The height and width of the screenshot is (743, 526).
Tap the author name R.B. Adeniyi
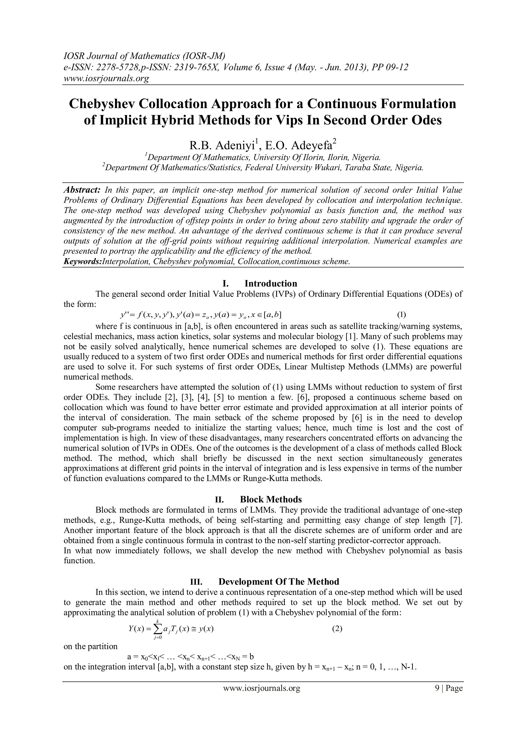[x=223, y=145]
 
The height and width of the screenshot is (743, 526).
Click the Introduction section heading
[x=270, y=284]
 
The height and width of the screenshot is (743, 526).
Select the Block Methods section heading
[x=270, y=499]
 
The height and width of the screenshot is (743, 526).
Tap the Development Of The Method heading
[x=279, y=582]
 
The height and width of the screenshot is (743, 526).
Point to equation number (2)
[x=337, y=629]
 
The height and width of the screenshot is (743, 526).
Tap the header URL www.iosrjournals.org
[x=106, y=78]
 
